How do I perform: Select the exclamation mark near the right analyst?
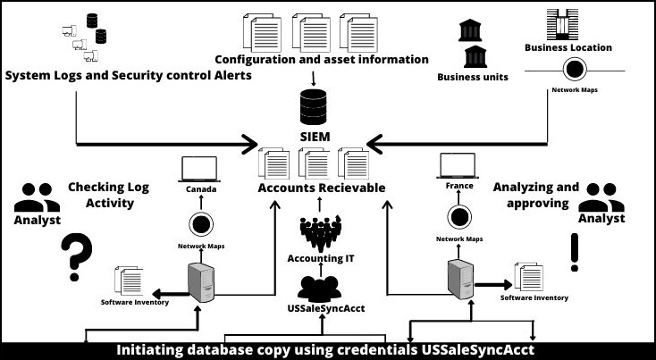574,252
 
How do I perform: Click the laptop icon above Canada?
199,169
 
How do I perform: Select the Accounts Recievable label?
321,188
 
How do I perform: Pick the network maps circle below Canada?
199,223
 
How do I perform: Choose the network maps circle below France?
458,217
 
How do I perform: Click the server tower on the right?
458,279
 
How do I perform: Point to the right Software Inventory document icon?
529,276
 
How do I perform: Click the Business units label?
472,77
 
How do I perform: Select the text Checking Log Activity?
108,195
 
